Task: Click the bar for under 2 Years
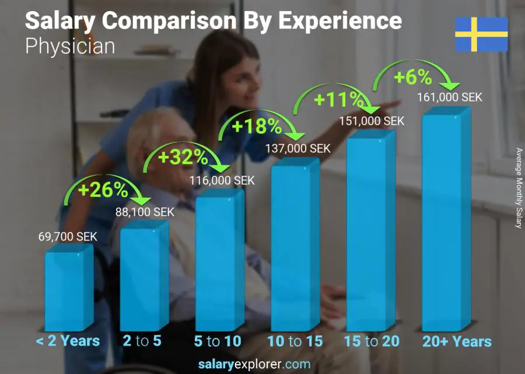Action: click(x=69, y=289)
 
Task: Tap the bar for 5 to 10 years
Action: click(x=219, y=264)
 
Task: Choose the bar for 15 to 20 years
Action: click(x=370, y=233)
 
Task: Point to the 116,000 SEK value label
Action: click(x=222, y=180)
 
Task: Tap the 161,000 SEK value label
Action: click(x=450, y=97)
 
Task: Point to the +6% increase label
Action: click(x=412, y=77)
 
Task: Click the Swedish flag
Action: click(x=481, y=34)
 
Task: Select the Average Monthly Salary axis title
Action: click(x=519, y=188)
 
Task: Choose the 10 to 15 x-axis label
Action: click(x=295, y=341)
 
